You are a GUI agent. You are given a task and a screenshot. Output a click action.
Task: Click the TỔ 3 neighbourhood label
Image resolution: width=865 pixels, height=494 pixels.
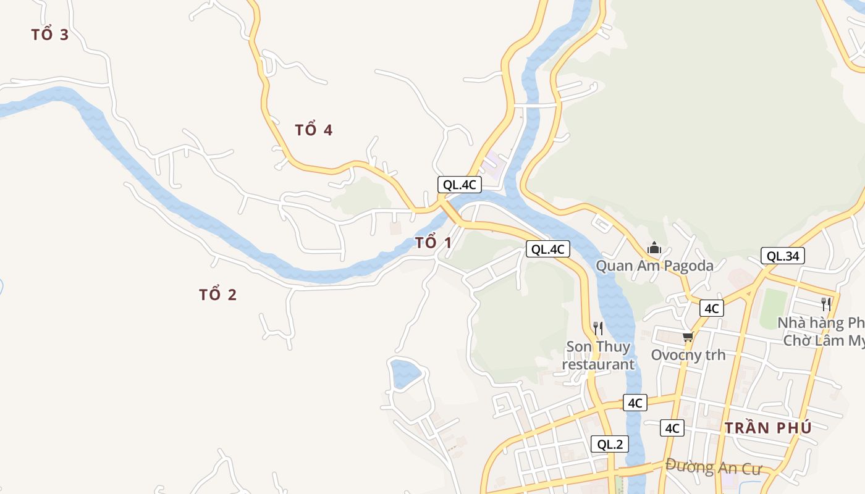50,35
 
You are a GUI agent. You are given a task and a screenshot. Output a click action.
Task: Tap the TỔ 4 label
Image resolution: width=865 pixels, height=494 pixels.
314,130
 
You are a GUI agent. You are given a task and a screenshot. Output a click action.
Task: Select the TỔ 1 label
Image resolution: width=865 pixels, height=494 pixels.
433,243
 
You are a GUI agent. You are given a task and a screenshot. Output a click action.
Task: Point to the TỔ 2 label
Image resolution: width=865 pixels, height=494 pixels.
218,295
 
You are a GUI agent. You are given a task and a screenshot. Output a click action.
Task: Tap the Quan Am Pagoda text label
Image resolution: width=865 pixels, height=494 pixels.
654,266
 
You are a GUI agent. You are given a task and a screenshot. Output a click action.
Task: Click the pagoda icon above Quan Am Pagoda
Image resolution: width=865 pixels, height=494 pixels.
654,249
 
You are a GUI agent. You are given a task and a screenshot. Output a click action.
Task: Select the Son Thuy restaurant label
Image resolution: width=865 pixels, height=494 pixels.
598,356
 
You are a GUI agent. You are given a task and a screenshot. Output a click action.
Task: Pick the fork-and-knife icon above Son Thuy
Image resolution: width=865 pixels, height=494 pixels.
597,329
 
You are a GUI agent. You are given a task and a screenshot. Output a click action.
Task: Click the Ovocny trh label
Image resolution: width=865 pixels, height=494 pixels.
688,355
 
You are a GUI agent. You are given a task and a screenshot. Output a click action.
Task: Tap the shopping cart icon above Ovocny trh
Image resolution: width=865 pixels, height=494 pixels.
688,337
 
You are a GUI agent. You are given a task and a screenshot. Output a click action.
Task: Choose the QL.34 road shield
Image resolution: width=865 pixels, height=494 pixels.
783,256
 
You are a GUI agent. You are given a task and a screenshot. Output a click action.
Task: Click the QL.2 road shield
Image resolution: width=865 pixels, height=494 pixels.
610,444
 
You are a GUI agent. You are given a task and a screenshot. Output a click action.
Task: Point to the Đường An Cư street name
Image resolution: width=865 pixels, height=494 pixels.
714,467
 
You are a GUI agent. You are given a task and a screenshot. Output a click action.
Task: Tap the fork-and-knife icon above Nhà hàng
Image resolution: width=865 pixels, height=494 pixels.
826,304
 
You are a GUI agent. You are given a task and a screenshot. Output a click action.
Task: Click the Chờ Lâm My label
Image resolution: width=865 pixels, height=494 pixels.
824,340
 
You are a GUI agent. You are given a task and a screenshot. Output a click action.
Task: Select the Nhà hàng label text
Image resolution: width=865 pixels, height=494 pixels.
821,323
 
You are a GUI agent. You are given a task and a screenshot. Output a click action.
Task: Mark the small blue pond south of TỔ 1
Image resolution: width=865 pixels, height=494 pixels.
405,372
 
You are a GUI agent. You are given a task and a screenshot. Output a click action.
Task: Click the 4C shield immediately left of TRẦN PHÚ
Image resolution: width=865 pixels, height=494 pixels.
672,428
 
